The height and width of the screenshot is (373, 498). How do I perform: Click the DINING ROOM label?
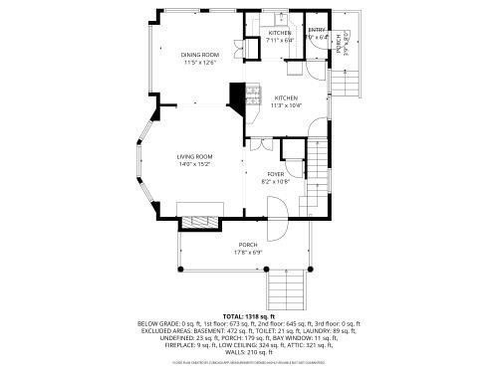tap(200, 54)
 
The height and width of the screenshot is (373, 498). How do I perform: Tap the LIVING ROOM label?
tap(194, 156)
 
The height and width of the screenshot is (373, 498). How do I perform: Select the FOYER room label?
tap(274, 174)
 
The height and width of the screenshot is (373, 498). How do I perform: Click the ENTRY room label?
tap(317, 31)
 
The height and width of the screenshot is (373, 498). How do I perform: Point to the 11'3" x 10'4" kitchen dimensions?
tap(287, 106)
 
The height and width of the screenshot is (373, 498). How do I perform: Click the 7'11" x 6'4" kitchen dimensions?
tap(280, 41)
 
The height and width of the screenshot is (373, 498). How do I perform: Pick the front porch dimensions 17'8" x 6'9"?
tap(247, 252)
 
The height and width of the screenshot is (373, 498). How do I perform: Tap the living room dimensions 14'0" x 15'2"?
tap(194, 164)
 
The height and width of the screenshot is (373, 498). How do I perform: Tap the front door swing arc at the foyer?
tap(277, 211)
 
